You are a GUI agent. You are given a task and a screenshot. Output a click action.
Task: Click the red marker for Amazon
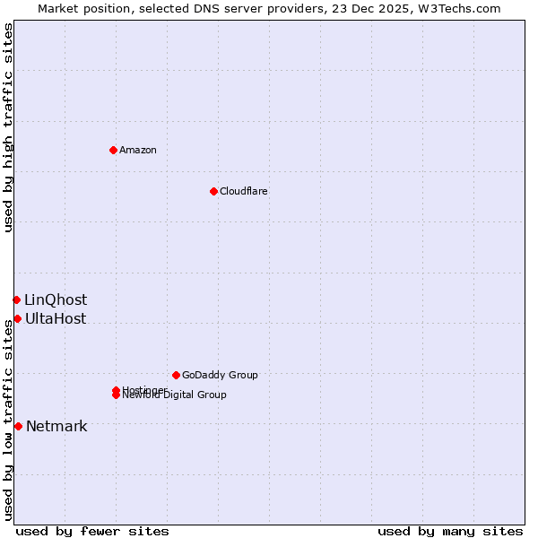[113, 150]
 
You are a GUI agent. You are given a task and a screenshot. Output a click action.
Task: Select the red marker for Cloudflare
[213, 191]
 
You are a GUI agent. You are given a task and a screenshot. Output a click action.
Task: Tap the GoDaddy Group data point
[176, 375]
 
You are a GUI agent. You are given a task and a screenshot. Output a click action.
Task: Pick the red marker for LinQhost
[16, 299]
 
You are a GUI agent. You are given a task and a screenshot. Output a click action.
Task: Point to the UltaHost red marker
[17, 318]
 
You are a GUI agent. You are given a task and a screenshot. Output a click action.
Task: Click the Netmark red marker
[18, 426]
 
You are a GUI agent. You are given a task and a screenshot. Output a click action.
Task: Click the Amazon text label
[137, 150]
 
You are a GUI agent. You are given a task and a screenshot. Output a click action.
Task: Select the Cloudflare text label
[243, 191]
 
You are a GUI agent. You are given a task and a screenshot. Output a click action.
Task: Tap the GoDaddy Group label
[220, 375]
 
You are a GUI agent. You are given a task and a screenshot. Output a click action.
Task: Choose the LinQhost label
[56, 299]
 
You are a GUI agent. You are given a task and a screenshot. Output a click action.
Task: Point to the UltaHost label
[56, 318]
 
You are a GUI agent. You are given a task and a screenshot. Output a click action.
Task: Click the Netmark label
[56, 426]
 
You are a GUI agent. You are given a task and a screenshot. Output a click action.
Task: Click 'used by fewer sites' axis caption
[92, 531]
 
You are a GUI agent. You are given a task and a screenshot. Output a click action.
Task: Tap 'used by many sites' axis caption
[450, 531]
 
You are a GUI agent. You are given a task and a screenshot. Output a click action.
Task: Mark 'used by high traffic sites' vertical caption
[8, 127]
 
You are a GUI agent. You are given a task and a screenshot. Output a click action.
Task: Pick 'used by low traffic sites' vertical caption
[8, 420]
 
